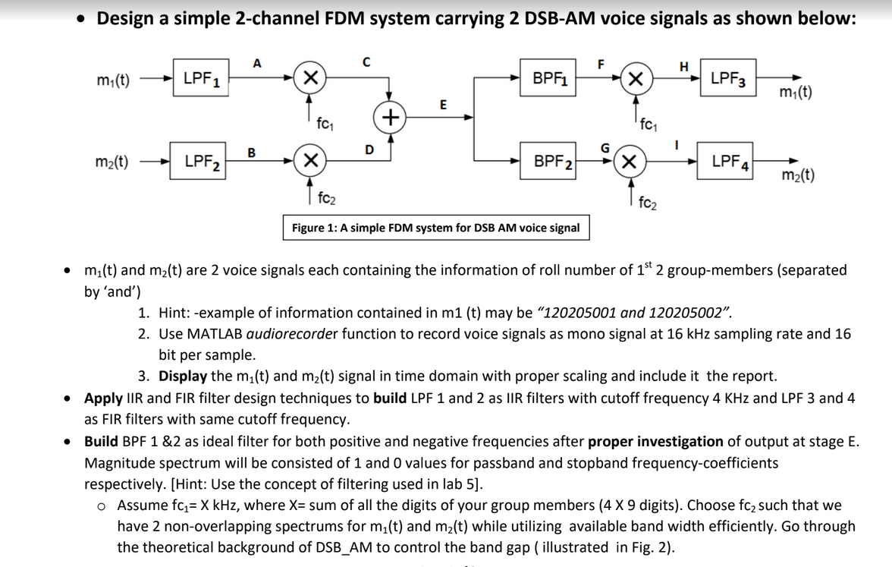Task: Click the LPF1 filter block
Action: (201, 78)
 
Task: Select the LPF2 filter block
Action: (201, 161)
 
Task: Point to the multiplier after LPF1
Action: (309, 78)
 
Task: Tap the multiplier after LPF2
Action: (309, 161)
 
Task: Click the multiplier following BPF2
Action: (629, 161)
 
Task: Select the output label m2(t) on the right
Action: (798, 176)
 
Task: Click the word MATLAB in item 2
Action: (215, 333)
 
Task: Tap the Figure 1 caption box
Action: (436, 228)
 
